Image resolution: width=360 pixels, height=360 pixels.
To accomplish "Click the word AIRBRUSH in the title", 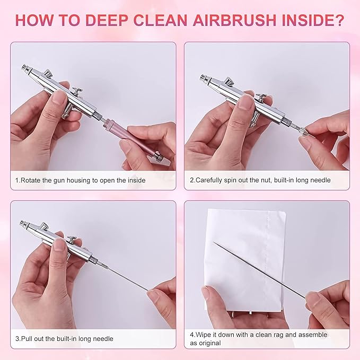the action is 234,21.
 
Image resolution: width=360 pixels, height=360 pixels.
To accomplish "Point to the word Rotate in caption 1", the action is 30,180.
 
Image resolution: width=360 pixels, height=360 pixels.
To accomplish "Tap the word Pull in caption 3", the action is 27,339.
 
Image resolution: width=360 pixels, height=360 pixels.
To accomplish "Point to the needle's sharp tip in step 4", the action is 214,242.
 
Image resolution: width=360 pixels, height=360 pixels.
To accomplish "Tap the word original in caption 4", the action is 210,343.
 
